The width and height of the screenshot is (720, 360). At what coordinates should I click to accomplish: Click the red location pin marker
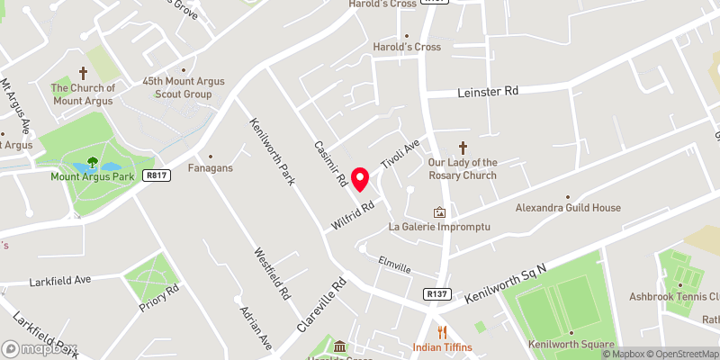360,179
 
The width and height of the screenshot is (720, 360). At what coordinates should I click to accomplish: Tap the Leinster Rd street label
487,91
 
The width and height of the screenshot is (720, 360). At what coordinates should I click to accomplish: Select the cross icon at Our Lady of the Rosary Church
464,147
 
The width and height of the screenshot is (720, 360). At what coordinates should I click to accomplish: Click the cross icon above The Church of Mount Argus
84,72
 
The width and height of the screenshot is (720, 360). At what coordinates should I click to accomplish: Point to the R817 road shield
156,176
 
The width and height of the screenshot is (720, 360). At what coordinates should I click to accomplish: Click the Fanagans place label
210,167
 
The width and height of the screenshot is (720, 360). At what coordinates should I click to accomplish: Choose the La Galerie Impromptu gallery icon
439,212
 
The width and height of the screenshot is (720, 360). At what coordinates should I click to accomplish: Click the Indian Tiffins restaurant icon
441,332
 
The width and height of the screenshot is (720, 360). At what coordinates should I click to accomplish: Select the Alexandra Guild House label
568,208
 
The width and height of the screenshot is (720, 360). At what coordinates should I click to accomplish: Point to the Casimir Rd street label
330,162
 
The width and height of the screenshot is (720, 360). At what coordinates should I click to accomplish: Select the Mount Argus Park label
92,176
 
